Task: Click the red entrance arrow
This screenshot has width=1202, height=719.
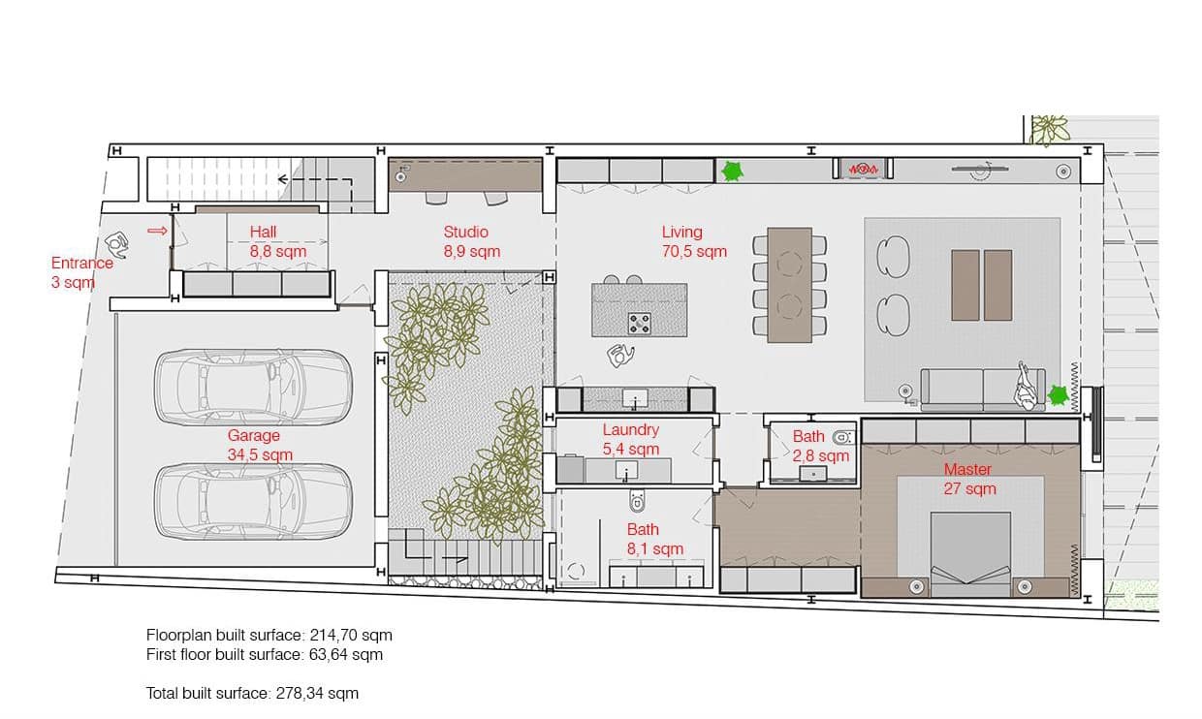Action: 156,231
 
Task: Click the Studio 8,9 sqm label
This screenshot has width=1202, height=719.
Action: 466,241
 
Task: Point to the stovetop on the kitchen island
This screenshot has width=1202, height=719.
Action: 640,323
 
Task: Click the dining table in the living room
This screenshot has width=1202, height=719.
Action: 789,285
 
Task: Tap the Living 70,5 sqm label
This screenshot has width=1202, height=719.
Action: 693,241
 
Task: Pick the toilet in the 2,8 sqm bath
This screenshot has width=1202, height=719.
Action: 843,435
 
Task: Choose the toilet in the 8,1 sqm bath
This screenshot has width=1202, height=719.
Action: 638,502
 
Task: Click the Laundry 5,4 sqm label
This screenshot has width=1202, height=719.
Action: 631,439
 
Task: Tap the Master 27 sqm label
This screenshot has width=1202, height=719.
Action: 969,479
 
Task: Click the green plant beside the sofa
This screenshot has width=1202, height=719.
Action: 1059,395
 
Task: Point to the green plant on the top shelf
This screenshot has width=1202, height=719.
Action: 732,172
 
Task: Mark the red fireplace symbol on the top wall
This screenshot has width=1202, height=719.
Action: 864,170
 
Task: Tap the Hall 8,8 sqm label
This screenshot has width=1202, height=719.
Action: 277,241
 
